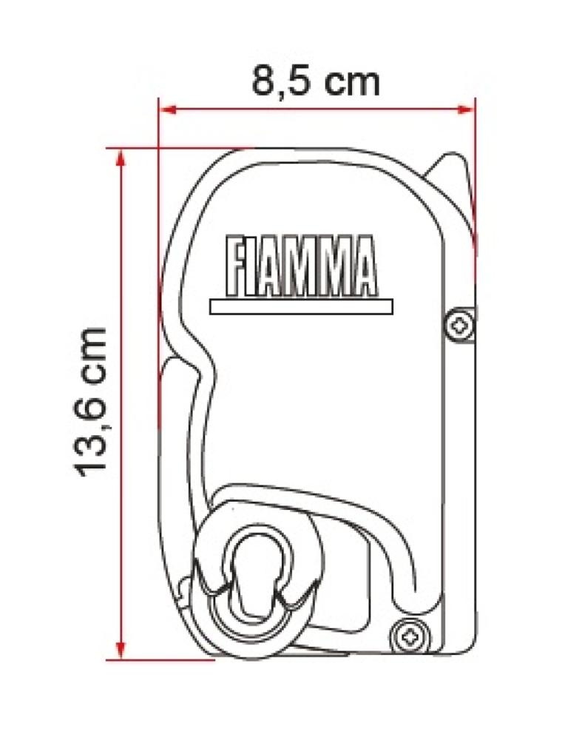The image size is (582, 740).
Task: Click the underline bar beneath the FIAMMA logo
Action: point(301,306)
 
